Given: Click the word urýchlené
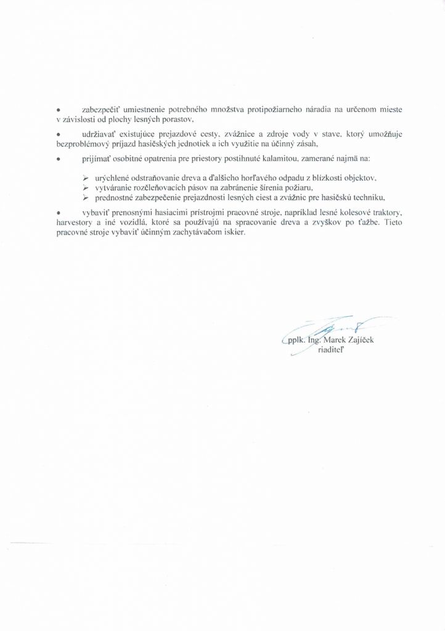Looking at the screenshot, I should tap(115, 177).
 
